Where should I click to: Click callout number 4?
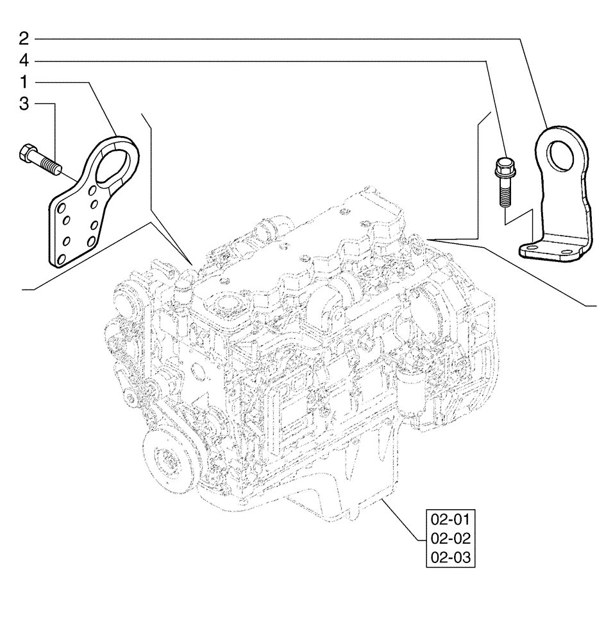click(24, 61)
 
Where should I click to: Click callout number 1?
click(24, 83)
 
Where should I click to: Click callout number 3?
click(24, 104)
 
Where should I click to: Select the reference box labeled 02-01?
click(450, 518)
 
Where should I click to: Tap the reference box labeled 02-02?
click(450, 538)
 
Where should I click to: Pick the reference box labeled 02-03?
click(450, 558)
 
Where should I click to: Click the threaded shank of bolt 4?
click(504, 193)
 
